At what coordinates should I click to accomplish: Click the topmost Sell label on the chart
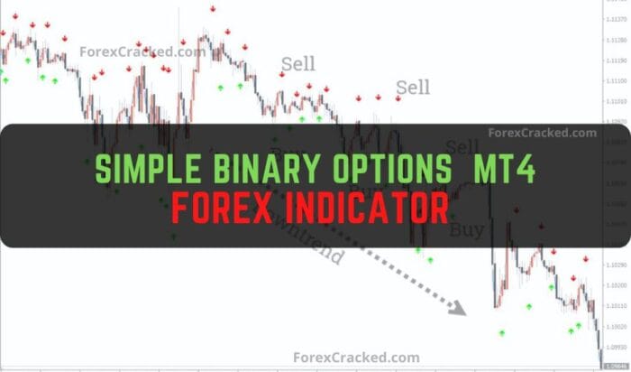tap(298, 63)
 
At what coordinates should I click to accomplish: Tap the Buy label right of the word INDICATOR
tap(466, 229)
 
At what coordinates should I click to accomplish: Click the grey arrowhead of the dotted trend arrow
tap(459, 308)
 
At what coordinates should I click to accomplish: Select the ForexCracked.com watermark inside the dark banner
tap(542, 133)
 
